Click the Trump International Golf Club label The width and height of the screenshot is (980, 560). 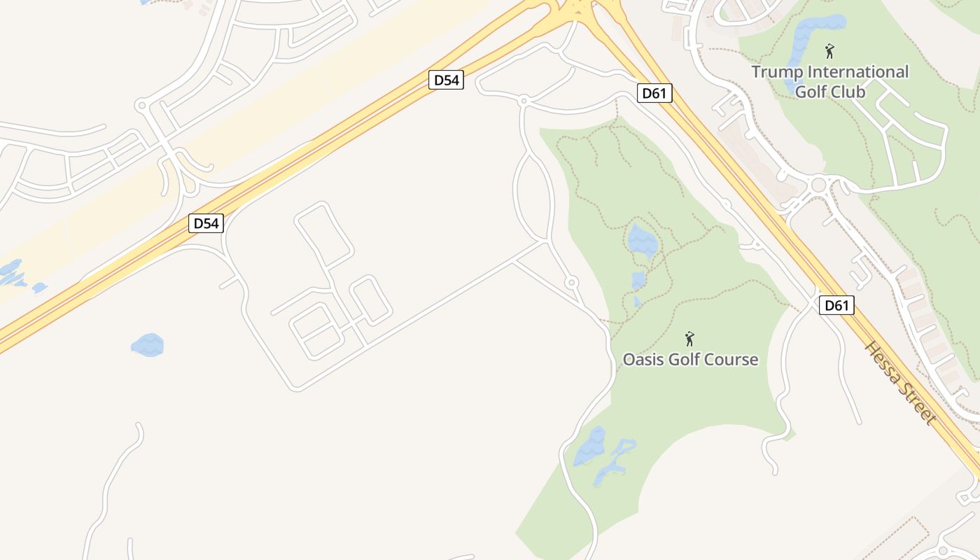(829, 81)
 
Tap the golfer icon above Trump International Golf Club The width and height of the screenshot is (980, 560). (829, 51)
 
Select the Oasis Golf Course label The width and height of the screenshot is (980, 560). (690, 359)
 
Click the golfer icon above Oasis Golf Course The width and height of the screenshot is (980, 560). (689, 339)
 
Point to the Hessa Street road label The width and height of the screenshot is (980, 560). (900, 383)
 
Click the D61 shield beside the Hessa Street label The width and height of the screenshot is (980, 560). (836, 305)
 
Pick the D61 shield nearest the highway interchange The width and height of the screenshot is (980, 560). (654, 92)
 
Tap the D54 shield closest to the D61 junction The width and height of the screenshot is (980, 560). (446, 80)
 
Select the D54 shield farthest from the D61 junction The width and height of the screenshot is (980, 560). (206, 223)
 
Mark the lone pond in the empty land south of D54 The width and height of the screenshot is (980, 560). (148, 344)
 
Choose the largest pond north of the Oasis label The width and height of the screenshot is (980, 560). (643, 240)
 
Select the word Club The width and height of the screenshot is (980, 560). (847, 92)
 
